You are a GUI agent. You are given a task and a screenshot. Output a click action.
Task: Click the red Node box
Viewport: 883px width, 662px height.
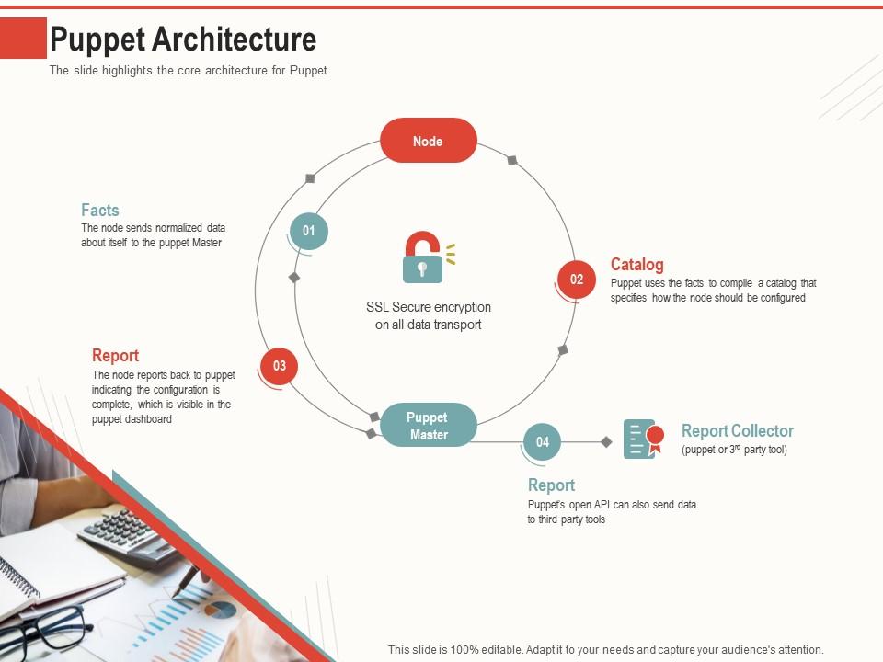point(429,141)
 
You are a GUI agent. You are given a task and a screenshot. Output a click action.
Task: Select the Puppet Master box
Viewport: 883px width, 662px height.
point(429,425)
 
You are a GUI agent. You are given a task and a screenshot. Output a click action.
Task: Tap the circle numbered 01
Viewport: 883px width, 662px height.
point(309,231)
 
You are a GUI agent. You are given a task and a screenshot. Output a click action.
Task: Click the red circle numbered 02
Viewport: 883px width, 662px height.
point(577,280)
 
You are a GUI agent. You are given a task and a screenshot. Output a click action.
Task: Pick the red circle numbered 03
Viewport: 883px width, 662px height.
point(280,366)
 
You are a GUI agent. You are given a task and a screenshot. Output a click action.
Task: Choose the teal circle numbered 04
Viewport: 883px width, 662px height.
point(543,442)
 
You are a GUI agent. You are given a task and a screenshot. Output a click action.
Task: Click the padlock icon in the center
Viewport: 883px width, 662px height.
point(423,257)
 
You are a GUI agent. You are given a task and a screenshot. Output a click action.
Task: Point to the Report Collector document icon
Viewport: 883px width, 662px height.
point(642,439)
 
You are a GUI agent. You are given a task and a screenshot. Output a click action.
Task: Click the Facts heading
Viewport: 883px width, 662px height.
point(100,210)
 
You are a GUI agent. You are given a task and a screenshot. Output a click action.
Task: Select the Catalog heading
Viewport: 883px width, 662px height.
point(636,265)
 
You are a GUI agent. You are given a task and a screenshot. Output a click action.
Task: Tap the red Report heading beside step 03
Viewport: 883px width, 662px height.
point(116,356)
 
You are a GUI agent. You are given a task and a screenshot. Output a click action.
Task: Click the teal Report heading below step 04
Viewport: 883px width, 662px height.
point(551,485)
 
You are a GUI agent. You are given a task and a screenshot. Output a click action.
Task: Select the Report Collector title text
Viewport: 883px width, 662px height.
point(737,430)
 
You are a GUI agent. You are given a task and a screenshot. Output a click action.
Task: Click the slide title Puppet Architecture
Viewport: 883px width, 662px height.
point(183,40)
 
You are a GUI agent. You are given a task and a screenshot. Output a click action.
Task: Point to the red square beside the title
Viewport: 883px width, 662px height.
point(23,39)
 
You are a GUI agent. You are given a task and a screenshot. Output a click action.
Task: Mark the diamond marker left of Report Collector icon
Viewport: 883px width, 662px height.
point(606,442)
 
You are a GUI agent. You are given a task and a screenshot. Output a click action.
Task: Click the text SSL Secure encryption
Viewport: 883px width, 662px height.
point(429,307)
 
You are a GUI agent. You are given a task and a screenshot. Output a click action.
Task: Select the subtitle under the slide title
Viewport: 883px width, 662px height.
point(189,71)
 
